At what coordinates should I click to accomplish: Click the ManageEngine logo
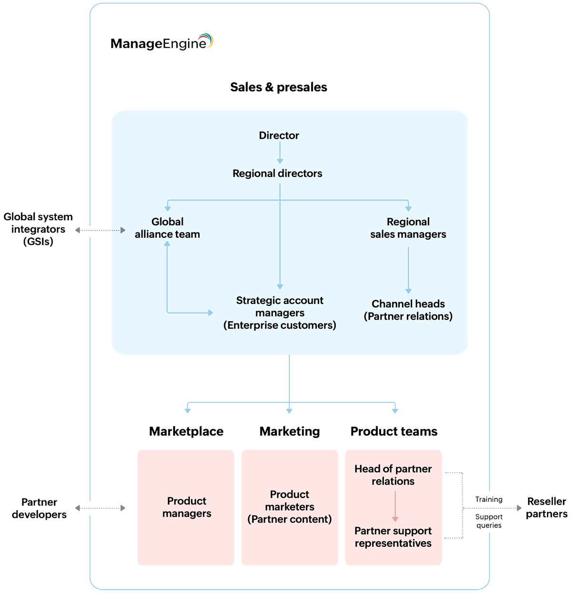click(162, 42)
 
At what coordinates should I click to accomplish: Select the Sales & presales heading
click(279, 87)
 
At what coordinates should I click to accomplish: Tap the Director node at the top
click(279, 136)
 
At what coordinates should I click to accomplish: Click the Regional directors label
click(277, 174)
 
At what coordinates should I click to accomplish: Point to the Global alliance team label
click(167, 228)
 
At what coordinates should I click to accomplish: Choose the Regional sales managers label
click(408, 228)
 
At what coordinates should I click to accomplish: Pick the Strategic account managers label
click(280, 313)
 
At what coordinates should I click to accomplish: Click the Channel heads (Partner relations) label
click(408, 310)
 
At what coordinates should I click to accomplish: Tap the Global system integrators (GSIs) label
click(38, 229)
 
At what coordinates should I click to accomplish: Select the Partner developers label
click(39, 508)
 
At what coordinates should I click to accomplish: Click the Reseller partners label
click(547, 507)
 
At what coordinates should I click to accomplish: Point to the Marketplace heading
click(187, 431)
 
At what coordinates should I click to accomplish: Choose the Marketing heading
click(289, 431)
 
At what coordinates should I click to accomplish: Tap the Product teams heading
click(394, 431)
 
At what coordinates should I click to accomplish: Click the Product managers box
click(187, 507)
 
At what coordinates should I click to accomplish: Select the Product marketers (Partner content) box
click(289, 507)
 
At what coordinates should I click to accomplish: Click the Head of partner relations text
click(393, 475)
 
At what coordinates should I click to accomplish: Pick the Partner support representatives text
click(393, 537)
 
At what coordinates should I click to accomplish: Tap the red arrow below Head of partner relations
click(395, 506)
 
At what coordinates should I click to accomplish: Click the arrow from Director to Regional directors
click(280, 154)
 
